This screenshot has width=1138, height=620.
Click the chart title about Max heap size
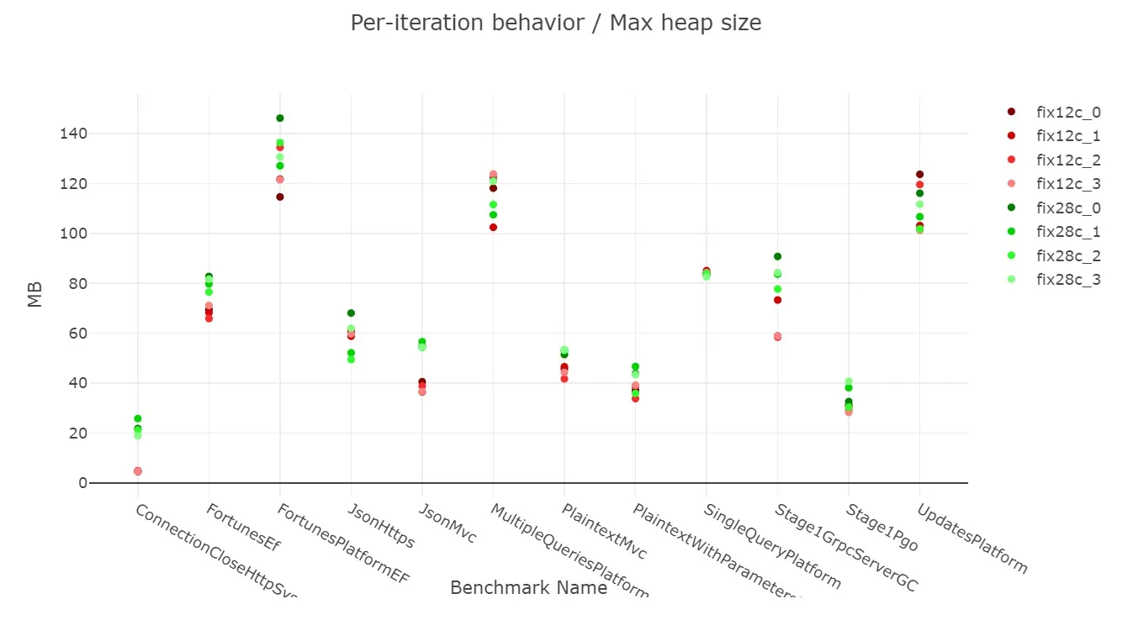[556, 23]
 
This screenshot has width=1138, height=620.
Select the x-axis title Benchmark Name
[528, 588]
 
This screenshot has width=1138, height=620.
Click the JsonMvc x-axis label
[447, 523]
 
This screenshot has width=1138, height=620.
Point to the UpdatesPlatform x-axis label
[971, 538]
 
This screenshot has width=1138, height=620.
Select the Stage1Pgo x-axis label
[882, 528]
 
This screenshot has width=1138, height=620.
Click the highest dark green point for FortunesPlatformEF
[280, 118]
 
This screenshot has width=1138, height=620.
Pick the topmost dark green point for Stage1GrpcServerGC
[777, 256]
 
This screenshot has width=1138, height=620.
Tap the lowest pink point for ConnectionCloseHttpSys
[138, 471]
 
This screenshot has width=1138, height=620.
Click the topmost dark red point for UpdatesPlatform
[919, 175]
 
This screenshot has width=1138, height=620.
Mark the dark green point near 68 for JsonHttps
[351, 313]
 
